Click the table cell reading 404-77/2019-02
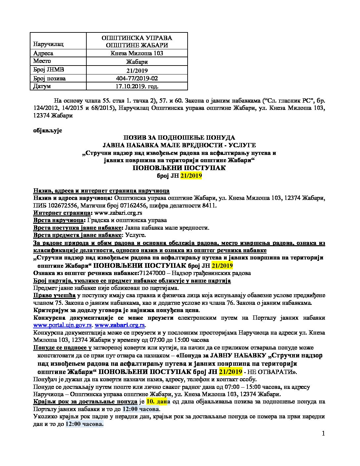coord(137,78)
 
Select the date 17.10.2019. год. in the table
coord(137,86)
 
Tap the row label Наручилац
coord(48,44)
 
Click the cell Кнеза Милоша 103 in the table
coord(137,53)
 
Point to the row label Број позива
coord(49,78)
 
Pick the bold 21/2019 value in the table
coord(137,70)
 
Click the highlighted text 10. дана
coord(158,401)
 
